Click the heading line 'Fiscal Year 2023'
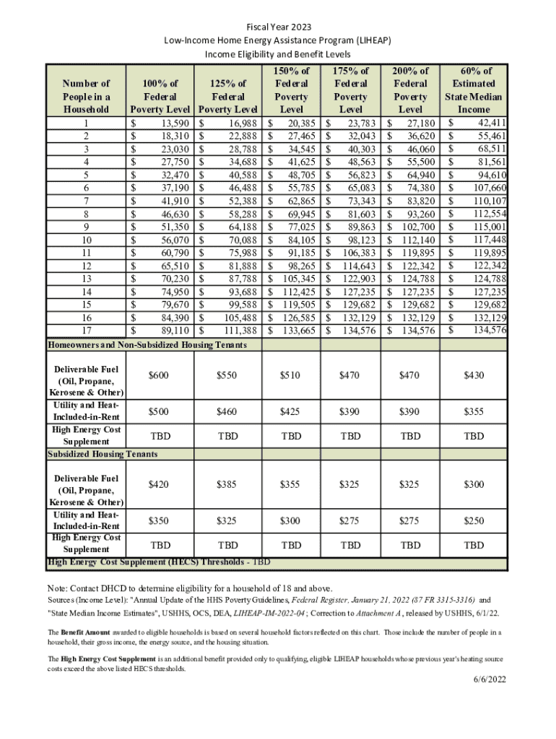tap(278, 27)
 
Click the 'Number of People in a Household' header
tap(86, 96)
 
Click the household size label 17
tap(86, 330)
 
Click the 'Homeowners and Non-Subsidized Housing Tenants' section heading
tap(147, 346)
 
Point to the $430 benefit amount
tap(474, 375)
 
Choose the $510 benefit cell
tap(292, 375)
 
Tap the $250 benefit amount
tap(474, 520)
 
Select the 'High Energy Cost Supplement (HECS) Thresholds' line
tap(159, 561)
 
